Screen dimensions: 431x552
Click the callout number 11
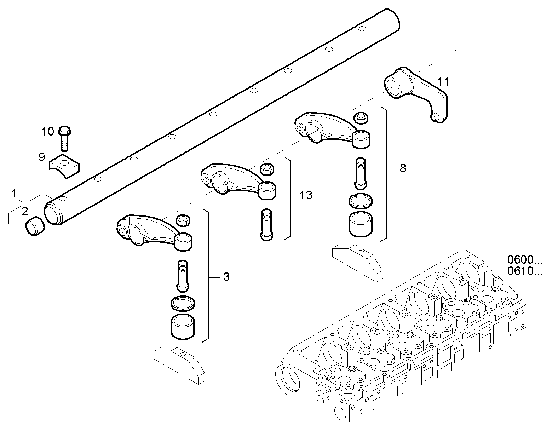(443, 82)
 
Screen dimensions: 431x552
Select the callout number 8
(403, 168)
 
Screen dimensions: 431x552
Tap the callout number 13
(306, 195)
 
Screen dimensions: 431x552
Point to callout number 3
(226, 277)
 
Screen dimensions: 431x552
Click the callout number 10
(47, 132)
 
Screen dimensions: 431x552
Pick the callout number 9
(42, 157)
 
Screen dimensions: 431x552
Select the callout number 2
(24, 212)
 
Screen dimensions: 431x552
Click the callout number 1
(13, 194)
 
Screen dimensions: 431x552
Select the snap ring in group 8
(360, 201)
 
